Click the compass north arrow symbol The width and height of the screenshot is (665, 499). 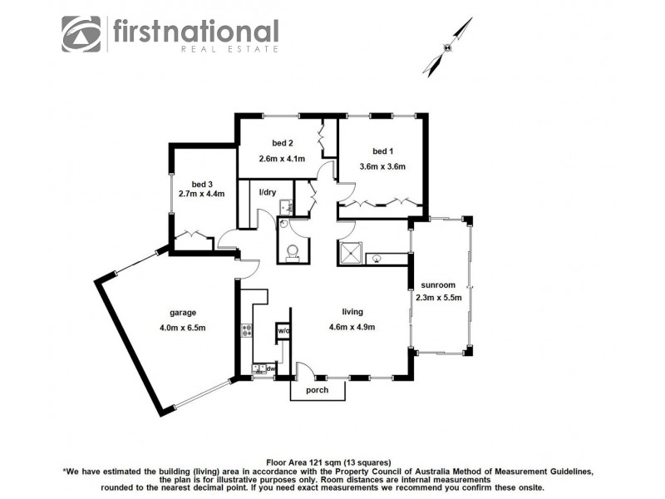click(446, 47)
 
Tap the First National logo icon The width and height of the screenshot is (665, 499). click(81, 34)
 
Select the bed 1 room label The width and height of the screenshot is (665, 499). click(382, 151)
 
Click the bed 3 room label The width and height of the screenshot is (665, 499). click(202, 184)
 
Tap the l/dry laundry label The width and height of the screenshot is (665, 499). click(268, 193)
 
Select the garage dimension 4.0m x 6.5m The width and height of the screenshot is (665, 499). click(182, 327)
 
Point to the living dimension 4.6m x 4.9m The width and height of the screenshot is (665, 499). click(352, 327)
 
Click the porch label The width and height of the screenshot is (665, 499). click(317, 390)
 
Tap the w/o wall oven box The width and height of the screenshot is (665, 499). click(283, 330)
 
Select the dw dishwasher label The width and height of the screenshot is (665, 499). click(271, 367)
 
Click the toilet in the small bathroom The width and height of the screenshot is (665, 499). click(293, 251)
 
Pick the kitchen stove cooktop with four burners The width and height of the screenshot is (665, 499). click(246, 331)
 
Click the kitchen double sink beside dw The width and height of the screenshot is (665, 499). click(259, 368)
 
